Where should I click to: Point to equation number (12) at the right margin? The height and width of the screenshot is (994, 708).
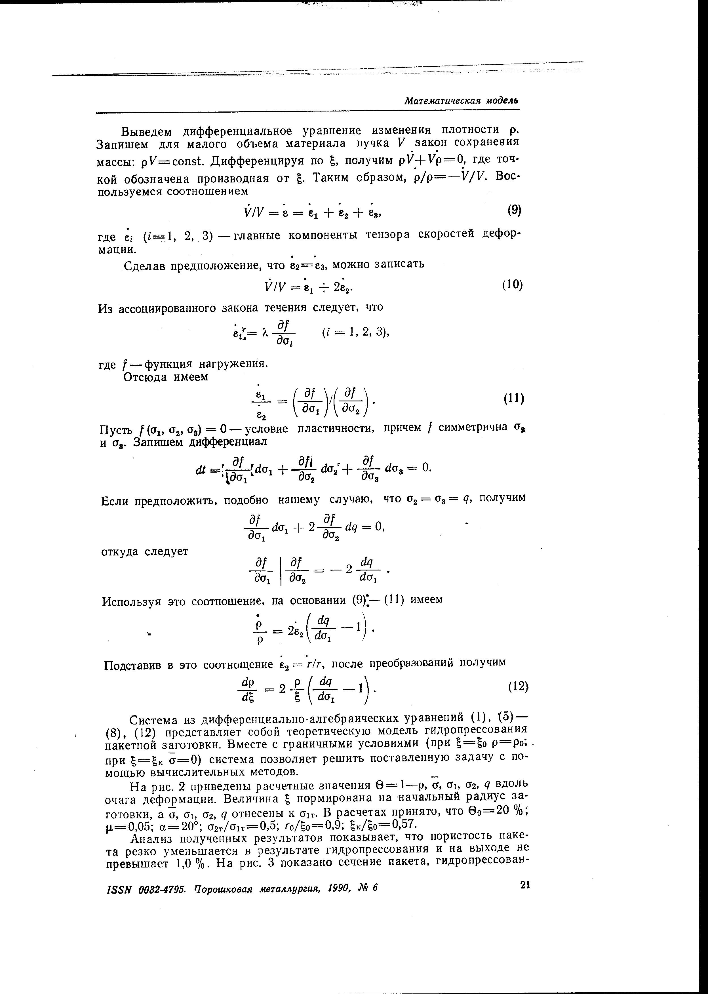point(518,687)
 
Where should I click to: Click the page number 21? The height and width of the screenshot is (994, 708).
point(524,884)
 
